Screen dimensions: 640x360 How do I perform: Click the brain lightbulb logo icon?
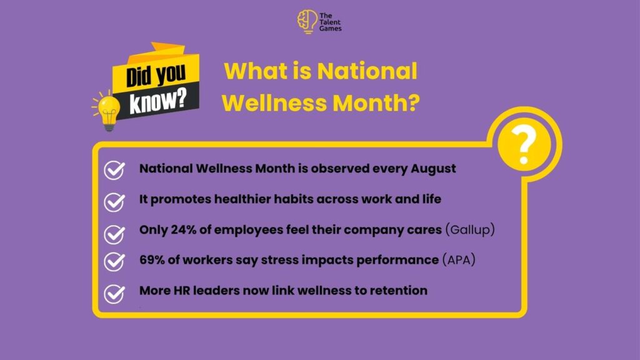point(307,22)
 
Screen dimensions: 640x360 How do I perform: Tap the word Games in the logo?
point(330,29)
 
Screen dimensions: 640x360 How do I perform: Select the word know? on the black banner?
point(158,100)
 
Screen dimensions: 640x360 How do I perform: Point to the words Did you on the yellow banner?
point(156,75)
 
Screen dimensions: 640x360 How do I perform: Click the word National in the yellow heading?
point(367,71)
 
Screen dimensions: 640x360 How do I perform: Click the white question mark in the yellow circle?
point(524,144)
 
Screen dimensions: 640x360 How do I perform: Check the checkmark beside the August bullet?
point(114,170)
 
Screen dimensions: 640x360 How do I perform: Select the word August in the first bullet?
point(433,169)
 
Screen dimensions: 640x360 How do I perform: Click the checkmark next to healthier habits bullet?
point(114,202)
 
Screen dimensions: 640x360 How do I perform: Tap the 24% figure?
point(183,230)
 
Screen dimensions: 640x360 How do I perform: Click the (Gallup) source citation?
point(470,230)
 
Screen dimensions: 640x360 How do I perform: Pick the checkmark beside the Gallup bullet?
point(114,234)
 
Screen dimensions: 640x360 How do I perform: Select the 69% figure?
point(152,260)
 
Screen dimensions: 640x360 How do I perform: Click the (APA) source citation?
point(459,260)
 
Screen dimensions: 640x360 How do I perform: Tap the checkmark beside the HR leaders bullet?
point(114,294)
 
